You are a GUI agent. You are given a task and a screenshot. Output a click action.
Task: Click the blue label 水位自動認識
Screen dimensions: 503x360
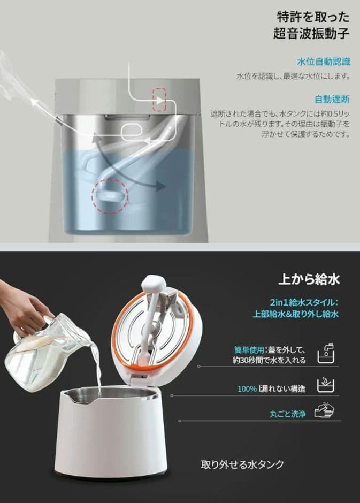323,62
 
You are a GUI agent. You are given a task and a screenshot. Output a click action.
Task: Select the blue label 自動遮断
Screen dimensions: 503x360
332,99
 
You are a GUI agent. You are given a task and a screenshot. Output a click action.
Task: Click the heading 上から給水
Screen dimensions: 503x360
309,279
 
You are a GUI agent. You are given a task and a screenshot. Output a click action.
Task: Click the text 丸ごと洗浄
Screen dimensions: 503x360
287,414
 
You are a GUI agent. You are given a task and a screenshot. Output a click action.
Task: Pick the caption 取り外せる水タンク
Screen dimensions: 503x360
242,464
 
